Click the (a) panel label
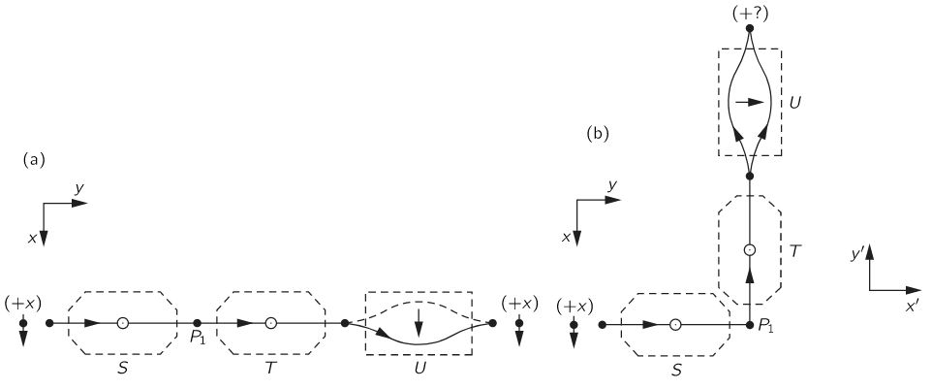[x=33, y=160]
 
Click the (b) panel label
[x=598, y=134]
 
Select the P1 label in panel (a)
[x=197, y=339]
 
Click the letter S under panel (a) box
[x=122, y=371]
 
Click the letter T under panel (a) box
[x=270, y=371]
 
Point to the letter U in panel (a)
[x=419, y=371]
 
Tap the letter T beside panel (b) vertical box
[x=794, y=250]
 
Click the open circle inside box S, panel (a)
[x=122, y=322]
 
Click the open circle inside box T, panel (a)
[x=270, y=322]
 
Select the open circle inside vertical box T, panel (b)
[x=749, y=250]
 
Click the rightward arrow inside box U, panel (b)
[x=749, y=101]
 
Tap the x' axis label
[x=912, y=305]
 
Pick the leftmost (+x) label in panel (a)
[x=22, y=304]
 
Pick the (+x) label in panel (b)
[x=575, y=306]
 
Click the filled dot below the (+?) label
[x=749, y=28]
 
